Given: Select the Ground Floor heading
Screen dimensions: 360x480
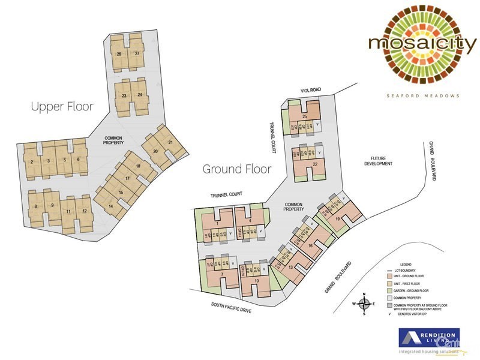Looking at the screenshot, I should (237, 169).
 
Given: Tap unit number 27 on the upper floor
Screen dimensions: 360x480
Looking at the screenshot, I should (137, 54).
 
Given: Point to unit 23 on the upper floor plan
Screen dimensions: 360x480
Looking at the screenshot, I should (124, 95).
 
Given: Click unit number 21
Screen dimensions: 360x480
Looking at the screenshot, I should (171, 142).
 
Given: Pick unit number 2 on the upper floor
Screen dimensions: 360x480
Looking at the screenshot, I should (31, 161).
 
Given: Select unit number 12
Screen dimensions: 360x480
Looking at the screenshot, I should (85, 211).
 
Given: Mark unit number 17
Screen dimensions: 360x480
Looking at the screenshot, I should (127, 178).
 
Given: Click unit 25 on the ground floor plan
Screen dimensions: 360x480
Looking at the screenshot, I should (305, 116).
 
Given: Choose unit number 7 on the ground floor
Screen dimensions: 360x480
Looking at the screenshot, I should (222, 275).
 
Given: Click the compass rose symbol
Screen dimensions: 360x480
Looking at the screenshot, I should (364, 304).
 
